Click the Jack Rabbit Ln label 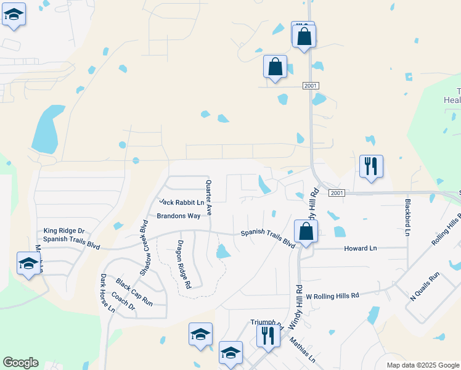(181, 202)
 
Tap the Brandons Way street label (178, 216)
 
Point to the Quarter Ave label (209, 197)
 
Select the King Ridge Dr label (63, 231)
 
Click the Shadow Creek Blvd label (145, 247)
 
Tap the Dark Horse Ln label (107, 294)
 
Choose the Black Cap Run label (134, 292)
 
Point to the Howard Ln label (360, 248)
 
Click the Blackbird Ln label (407, 216)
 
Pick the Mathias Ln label (303, 349)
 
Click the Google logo (20, 363)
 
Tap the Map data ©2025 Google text (422, 365)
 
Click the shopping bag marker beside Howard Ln (305, 232)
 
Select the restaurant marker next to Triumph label (268, 335)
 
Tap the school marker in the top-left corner (14, 15)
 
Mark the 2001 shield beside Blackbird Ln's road (336, 193)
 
